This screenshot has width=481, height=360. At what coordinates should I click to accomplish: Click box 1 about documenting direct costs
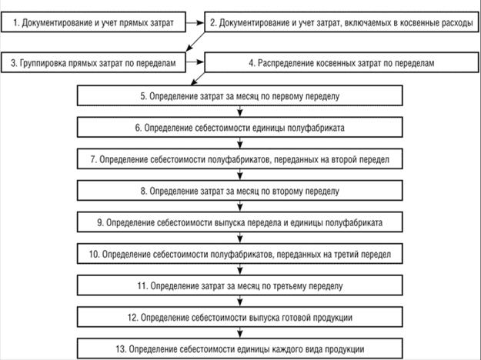pos(93,22)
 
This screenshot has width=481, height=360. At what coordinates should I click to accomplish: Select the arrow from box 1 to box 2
pos(195,22)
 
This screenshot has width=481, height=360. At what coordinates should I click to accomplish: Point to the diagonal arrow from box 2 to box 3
pos(195,42)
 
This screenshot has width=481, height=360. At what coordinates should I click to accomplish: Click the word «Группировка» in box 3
pos(40,64)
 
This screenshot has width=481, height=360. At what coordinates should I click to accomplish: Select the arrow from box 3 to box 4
pos(195,62)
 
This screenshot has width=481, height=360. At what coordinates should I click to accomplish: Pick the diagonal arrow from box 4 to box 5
pos(198,78)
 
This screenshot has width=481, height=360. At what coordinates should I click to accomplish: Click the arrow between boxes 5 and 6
pos(240,111)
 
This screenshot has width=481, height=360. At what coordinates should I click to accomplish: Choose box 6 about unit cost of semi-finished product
pos(240,127)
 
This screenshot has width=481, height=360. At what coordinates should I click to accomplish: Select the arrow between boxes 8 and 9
pos(240,205)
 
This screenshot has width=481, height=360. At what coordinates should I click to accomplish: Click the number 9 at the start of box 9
pos(100,222)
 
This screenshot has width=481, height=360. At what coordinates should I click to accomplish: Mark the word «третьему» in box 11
pos(287,286)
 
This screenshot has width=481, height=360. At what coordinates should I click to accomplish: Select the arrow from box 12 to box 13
pos(240,332)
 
